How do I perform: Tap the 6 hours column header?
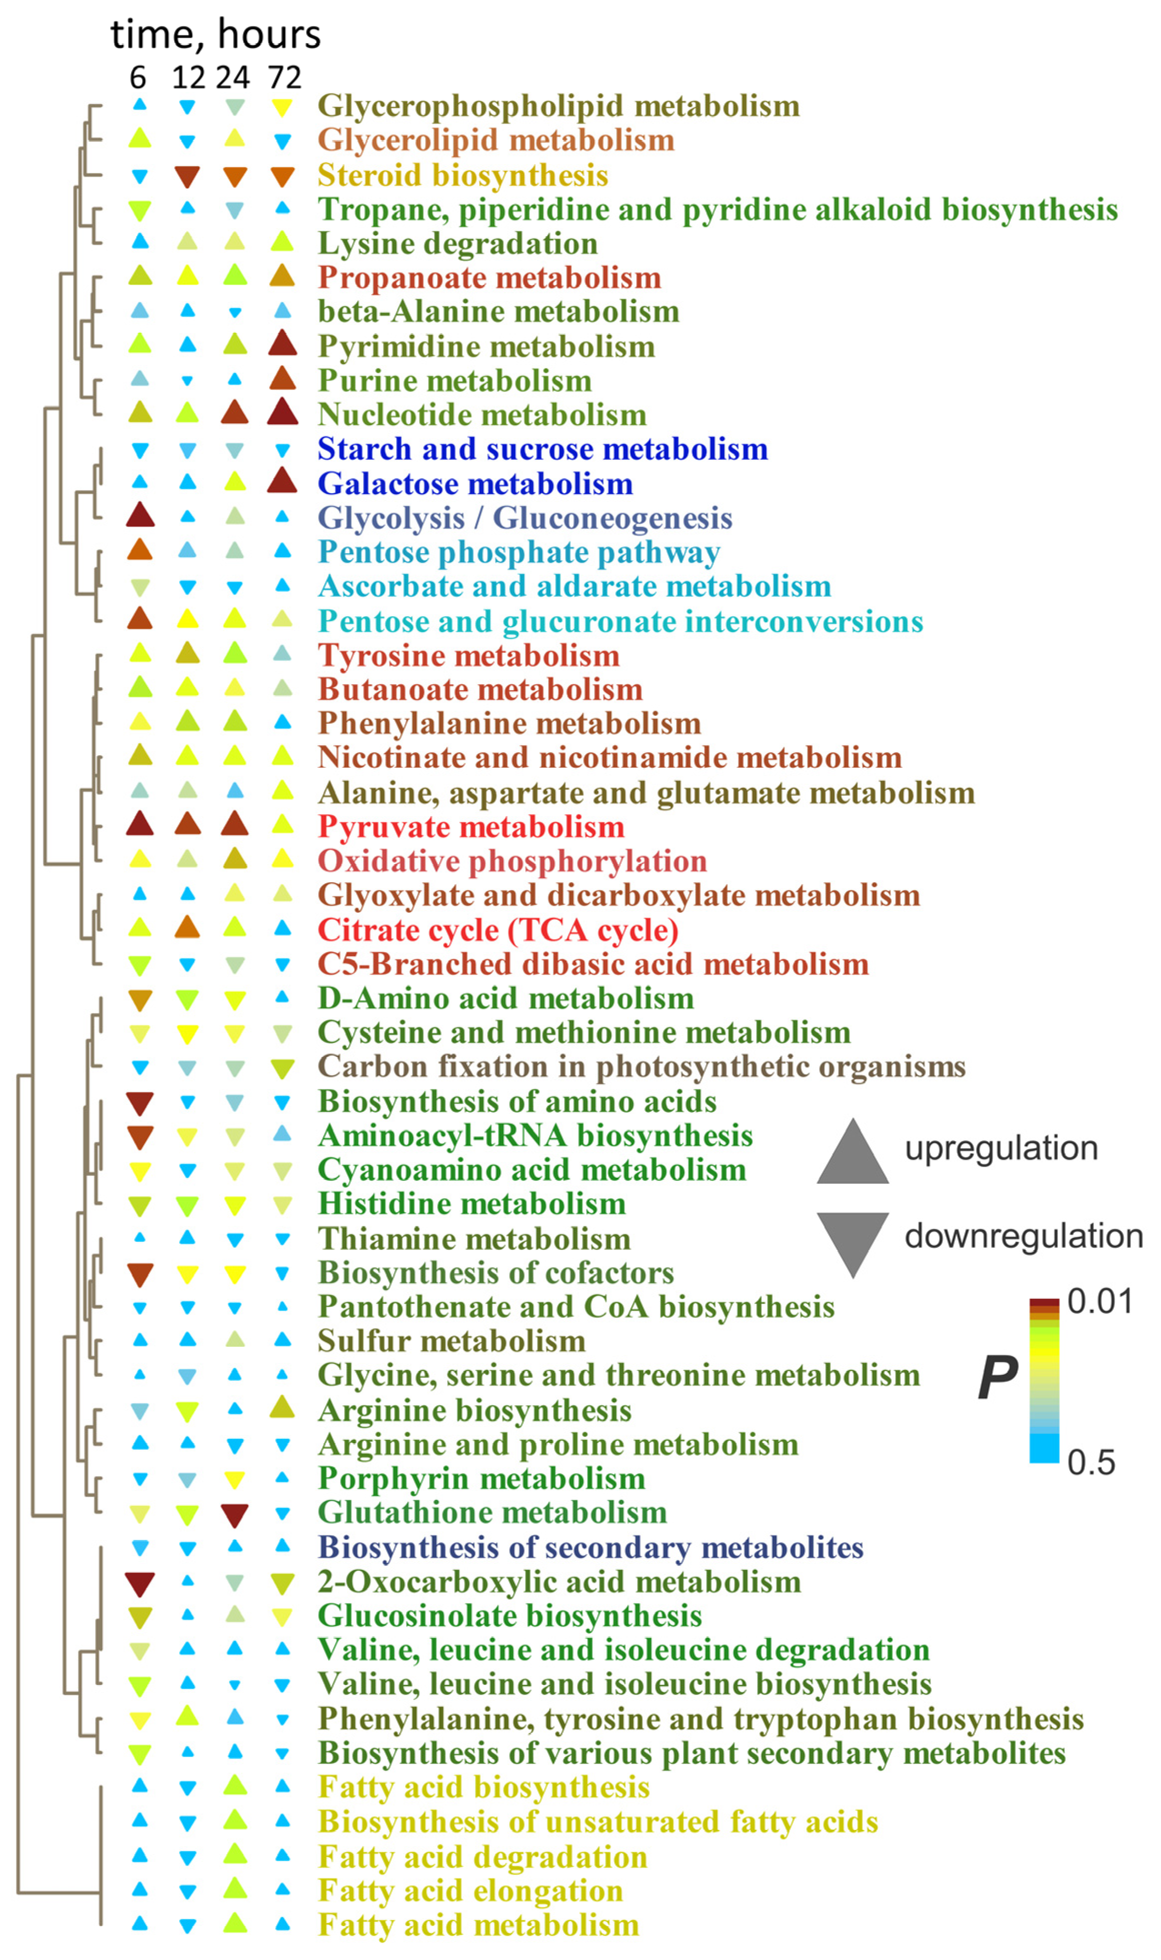[x=137, y=78]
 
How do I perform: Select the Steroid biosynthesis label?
[x=462, y=175]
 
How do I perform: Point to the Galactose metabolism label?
[x=475, y=484]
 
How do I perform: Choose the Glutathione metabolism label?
[x=492, y=1512]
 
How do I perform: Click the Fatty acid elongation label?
[x=470, y=1890]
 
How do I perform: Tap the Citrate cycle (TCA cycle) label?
[x=497, y=930]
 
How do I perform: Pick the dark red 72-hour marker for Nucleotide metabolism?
[x=282, y=412]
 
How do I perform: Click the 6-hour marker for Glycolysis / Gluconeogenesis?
[x=140, y=516]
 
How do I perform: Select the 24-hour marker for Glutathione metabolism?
[x=234, y=1515]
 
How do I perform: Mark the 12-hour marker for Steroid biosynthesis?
[x=187, y=177]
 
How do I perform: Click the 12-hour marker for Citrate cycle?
[x=187, y=928]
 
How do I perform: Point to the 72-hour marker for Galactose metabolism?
[x=282, y=481]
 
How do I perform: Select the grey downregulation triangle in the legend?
[x=853, y=1240]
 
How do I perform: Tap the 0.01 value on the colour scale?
[x=1099, y=1302]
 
